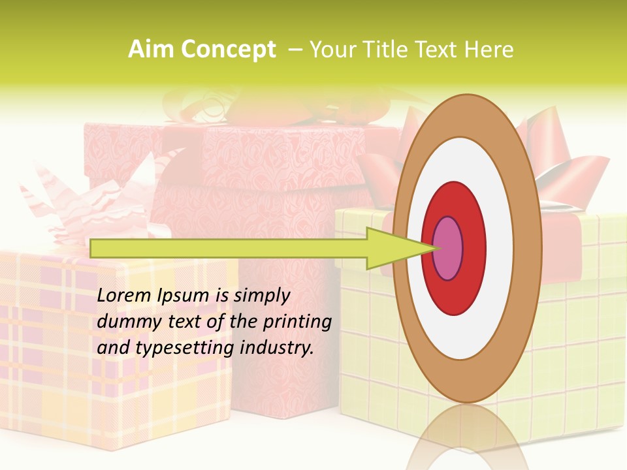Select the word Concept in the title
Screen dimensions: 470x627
(227, 50)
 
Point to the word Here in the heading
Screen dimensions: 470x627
(490, 50)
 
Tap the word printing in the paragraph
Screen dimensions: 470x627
(297, 322)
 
